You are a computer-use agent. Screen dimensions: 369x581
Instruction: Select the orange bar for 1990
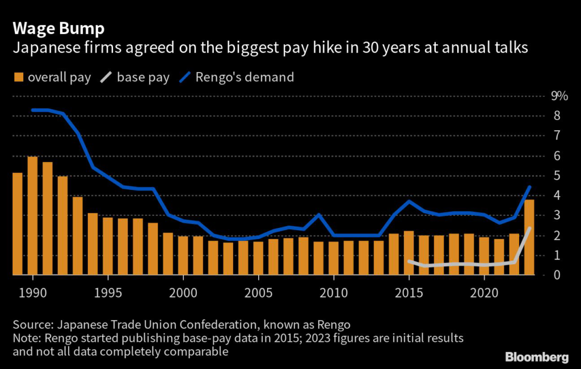click(x=33, y=215)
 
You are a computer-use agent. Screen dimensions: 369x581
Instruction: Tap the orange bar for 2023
click(x=529, y=237)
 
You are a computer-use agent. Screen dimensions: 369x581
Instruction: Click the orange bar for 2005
click(x=258, y=258)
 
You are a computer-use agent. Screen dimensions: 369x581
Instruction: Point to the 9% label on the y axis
click(x=559, y=96)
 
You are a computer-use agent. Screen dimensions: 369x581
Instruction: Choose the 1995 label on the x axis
click(x=108, y=295)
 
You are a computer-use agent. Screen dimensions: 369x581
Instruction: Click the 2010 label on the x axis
click(x=334, y=295)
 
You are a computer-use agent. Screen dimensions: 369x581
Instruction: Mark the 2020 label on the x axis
click(x=484, y=295)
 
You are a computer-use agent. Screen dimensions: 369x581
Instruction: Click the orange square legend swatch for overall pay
click(x=18, y=77)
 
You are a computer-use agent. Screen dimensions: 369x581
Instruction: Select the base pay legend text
click(x=143, y=77)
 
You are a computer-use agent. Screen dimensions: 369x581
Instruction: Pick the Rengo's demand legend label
click(x=245, y=77)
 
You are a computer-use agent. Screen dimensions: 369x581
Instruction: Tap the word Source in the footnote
click(x=31, y=325)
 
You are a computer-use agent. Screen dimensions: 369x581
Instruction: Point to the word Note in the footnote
click(x=26, y=338)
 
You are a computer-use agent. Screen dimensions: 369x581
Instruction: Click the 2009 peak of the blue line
click(x=319, y=215)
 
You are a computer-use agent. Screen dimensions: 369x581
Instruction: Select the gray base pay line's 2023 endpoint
click(x=529, y=228)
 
